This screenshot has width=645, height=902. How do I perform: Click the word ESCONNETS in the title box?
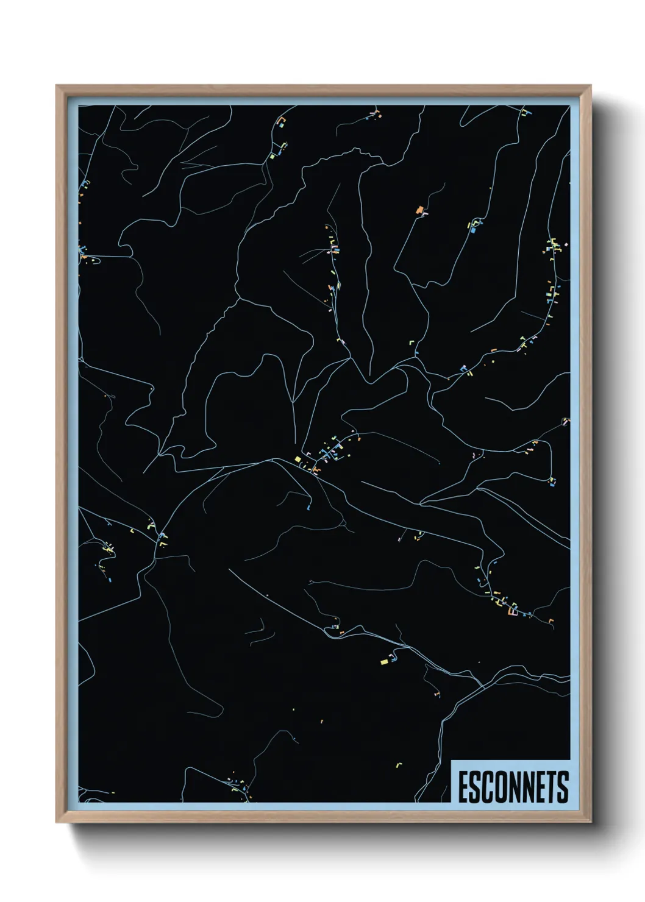click(x=513, y=787)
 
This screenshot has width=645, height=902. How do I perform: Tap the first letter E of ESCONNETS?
click(x=463, y=787)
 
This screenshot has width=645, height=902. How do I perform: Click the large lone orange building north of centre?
click(x=419, y=210)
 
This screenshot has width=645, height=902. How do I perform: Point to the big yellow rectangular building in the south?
click(x=384, y=661)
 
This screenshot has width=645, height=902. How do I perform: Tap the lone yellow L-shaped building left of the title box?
click(x=400, y=764)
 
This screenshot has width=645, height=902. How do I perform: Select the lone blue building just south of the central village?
click(x=309, y=506)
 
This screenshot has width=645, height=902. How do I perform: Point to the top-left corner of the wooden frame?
click(x=57, y=86)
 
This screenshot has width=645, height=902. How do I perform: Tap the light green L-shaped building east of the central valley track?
click(x=411, y=343)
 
